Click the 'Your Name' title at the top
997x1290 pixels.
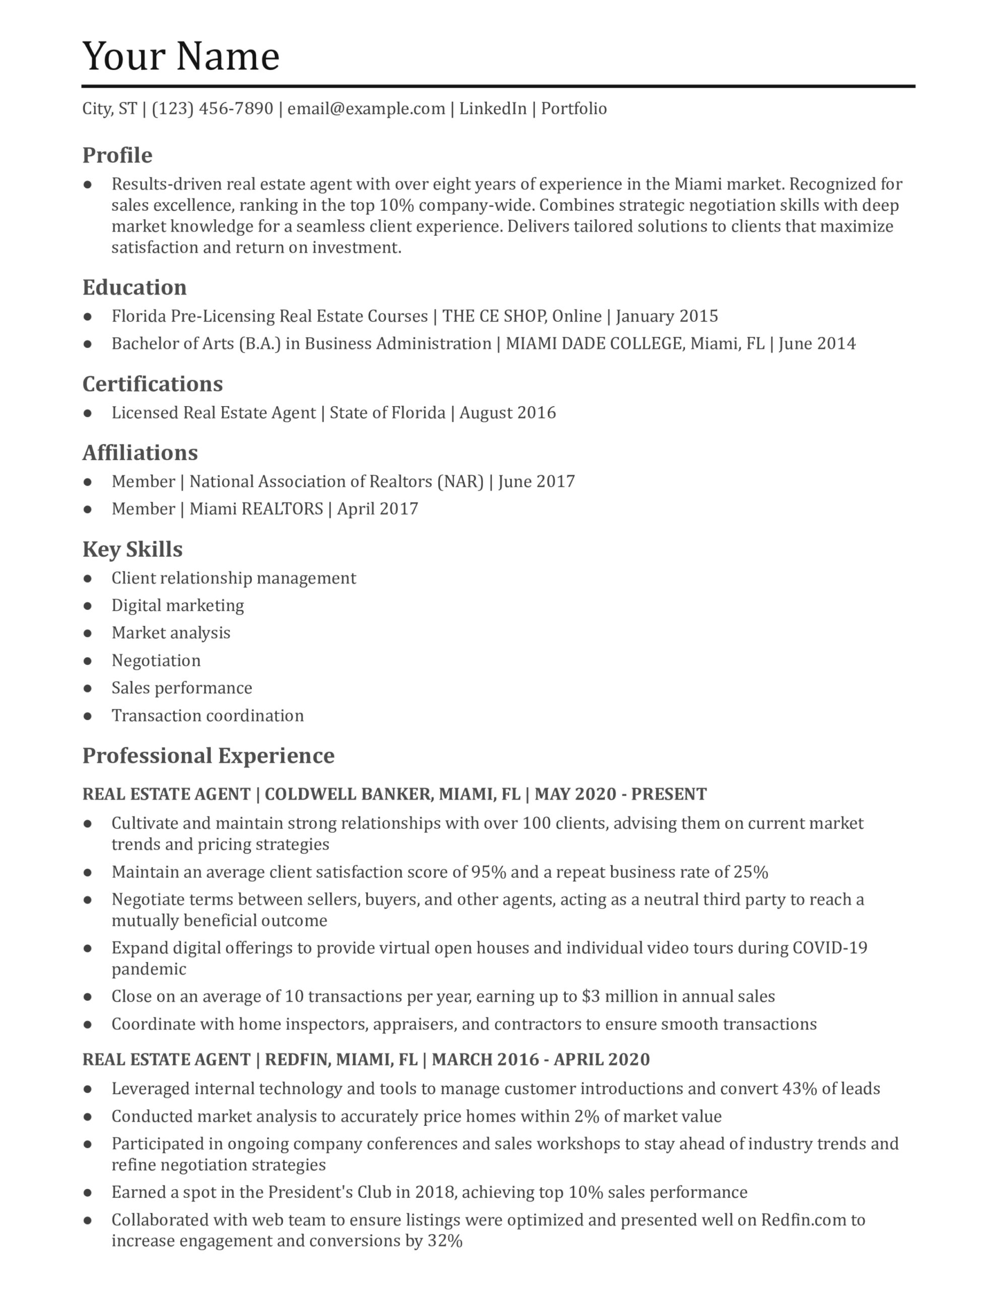(181, 57)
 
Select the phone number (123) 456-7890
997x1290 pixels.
(213, 109)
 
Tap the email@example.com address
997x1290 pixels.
(366, 109)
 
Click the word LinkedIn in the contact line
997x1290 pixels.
(493, 109)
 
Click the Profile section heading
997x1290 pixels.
(117, 155)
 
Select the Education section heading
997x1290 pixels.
(134, 288)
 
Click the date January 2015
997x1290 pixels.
(667, 316)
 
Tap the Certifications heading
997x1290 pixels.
(152, 384)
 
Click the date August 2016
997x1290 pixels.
(507, 413)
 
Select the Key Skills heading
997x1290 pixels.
(132, 550)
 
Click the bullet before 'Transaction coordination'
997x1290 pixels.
(88, 717)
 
